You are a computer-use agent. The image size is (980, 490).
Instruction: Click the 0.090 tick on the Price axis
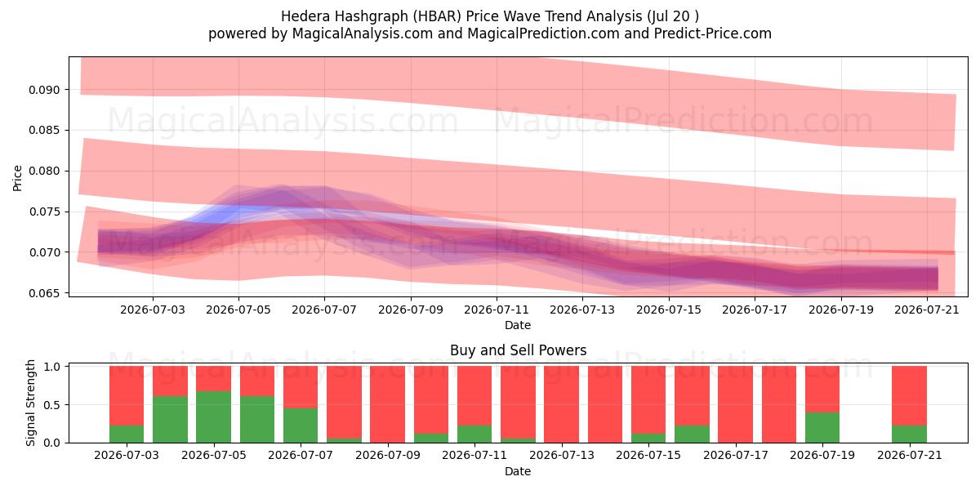pos(44,90)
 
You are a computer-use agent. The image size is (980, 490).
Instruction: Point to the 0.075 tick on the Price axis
pos(44,212)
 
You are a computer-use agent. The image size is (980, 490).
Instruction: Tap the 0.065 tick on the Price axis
pos(44,293)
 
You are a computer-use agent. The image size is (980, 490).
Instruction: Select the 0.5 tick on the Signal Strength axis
pos(52,405)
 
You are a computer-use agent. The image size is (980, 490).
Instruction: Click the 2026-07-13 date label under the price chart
pos(581,310)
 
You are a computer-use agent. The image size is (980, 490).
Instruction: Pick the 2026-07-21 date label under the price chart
pos(927,310)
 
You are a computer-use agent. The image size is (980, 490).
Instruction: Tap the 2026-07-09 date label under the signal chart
pos(388,455)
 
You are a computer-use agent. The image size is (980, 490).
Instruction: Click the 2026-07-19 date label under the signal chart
pos(822,455)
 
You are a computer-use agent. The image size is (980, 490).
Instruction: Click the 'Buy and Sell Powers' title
pos(518,350)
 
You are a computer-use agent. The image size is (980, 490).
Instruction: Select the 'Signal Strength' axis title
pos(30,403)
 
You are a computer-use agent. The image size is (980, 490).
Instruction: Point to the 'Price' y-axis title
pos(17,178)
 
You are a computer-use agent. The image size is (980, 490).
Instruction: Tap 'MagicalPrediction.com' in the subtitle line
pos(543,33)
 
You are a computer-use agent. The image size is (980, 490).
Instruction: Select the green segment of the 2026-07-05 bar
pos(213,417)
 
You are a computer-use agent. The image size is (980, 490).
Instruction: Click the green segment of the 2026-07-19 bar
pos(822,427)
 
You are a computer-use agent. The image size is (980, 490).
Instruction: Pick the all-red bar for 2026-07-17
pos(736,404)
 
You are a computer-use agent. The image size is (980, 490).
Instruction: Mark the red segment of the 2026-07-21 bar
pos(909,395)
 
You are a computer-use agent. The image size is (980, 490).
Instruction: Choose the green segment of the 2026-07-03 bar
pos(127,434)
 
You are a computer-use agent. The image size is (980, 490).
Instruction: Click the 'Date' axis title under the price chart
pos(518,326)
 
